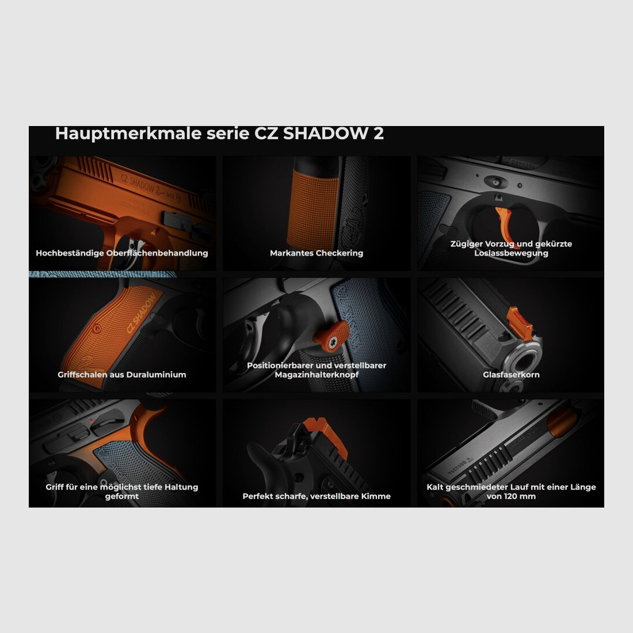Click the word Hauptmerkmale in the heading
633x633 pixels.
point(128,134)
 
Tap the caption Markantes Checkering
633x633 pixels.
point(316,253)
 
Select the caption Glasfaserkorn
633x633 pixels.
point(511,375)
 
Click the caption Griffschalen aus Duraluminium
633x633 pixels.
point(122,375)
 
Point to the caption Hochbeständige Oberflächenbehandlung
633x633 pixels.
point(122,253)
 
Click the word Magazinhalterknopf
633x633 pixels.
point(316,375)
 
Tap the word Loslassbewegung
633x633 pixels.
point(511,253)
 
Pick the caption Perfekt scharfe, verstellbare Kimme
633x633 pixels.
point(316,496)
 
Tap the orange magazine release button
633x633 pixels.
point(331,336)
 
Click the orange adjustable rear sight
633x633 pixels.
point(325,438)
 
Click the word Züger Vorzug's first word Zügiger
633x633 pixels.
point(466,244)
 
